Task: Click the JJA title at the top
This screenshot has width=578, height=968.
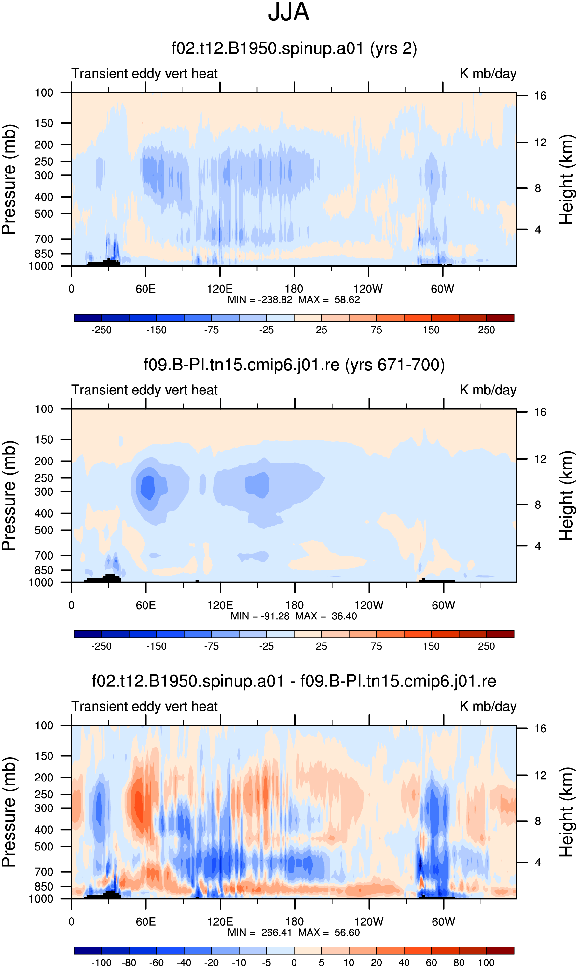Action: [289, 12]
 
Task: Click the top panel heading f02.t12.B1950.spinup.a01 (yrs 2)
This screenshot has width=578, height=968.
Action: [294, 49]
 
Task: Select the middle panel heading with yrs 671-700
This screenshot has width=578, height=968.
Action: [294, 365]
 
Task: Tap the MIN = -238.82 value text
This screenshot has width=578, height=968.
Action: [260, 299]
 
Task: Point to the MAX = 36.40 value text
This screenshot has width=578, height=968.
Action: [326, 616]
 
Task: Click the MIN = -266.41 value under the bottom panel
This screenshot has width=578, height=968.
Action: [260, 932]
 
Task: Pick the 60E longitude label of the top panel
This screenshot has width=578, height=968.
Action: [146, 289]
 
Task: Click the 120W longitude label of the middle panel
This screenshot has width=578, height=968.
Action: [369, 605]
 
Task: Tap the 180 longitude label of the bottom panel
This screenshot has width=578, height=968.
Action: [295, 922]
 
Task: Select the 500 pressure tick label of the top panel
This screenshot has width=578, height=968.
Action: [44, 214]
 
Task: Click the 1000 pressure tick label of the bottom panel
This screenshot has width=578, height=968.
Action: [41, 899]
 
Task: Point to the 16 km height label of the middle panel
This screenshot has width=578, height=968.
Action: [540, 412]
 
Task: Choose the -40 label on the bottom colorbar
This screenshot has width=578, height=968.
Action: [184, 962]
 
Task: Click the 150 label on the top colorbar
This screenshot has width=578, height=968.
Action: [431, 330]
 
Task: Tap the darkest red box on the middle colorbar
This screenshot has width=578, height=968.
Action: [500, 634]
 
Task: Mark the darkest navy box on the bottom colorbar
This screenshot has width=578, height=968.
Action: [88, 950]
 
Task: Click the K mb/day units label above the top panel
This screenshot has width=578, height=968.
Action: [488, 74]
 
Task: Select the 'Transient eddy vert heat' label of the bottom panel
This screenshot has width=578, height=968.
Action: [144, 706]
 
